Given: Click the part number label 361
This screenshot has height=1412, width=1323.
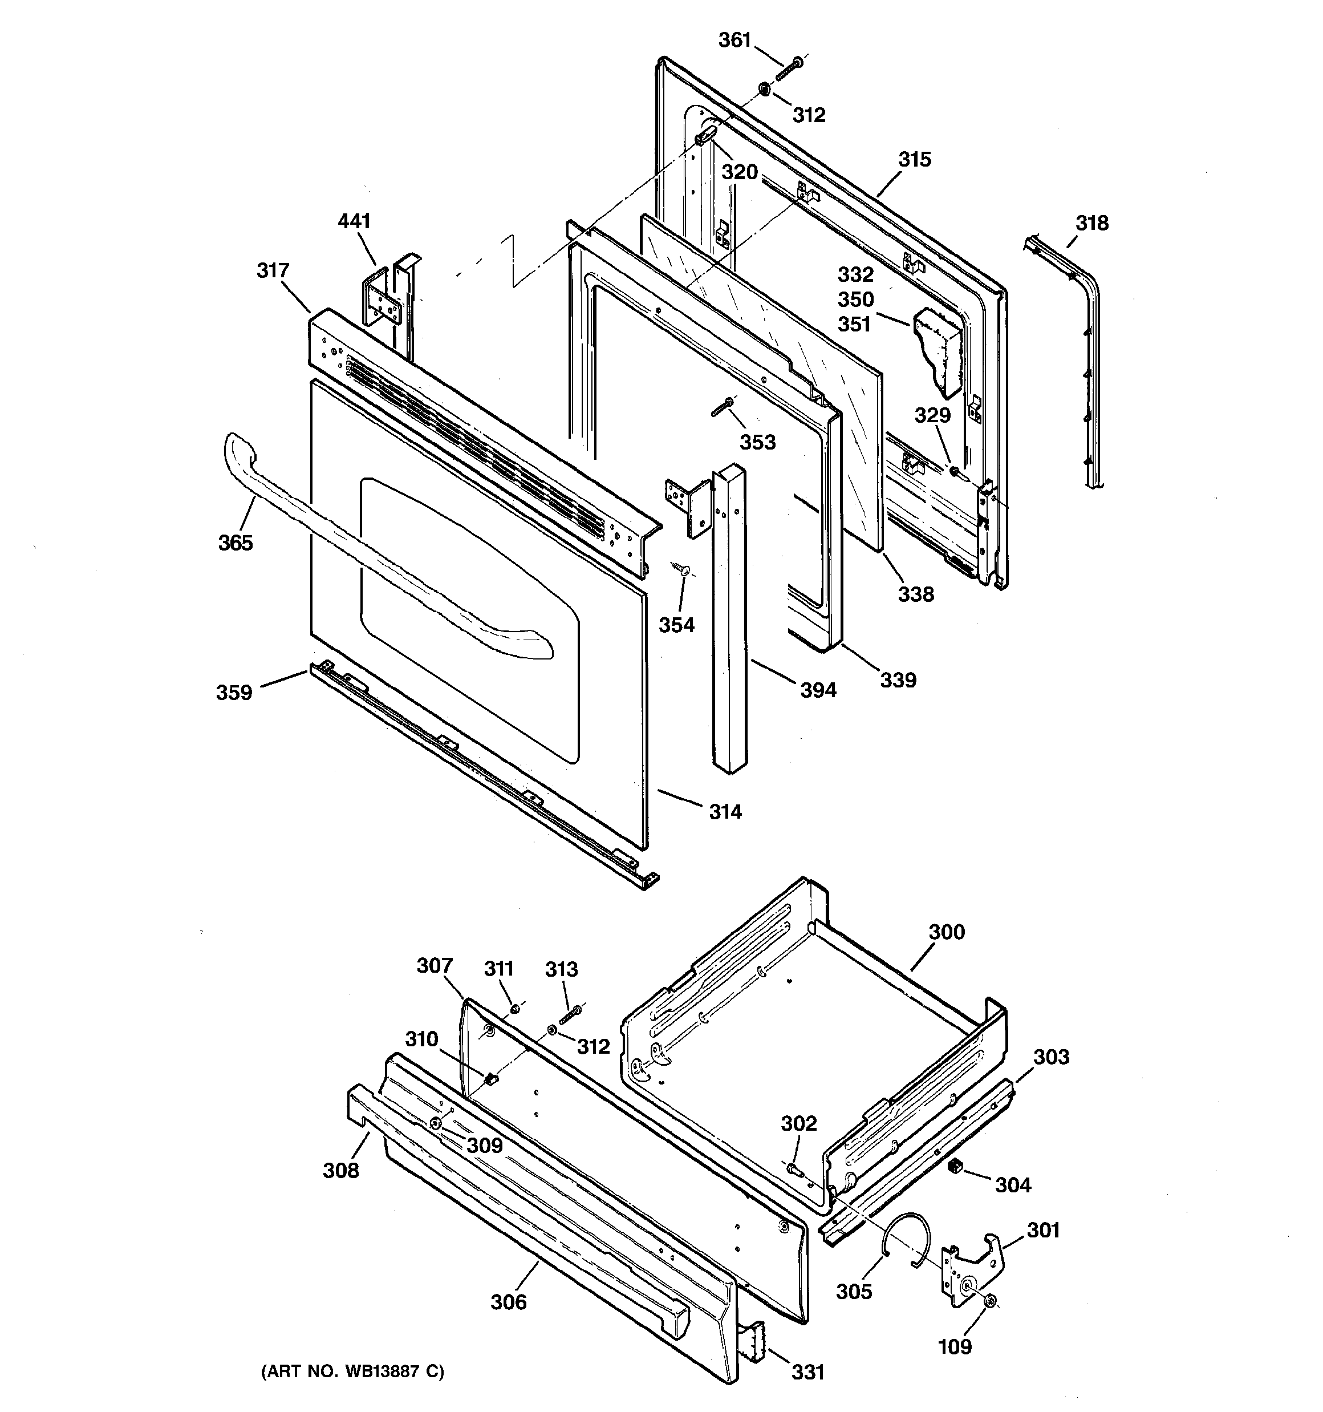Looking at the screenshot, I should (734, 40).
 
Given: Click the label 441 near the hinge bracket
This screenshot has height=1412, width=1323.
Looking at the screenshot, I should (354, 221).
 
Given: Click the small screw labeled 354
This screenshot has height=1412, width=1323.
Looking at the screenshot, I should (684, 568).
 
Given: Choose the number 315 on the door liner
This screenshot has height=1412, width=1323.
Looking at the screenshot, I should (914, 160).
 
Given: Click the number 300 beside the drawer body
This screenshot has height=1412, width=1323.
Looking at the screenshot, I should (947, 932).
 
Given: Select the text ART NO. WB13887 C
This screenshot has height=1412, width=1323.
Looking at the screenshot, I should (352, 1371).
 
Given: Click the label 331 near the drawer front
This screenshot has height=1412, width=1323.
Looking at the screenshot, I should (808, 1372).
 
